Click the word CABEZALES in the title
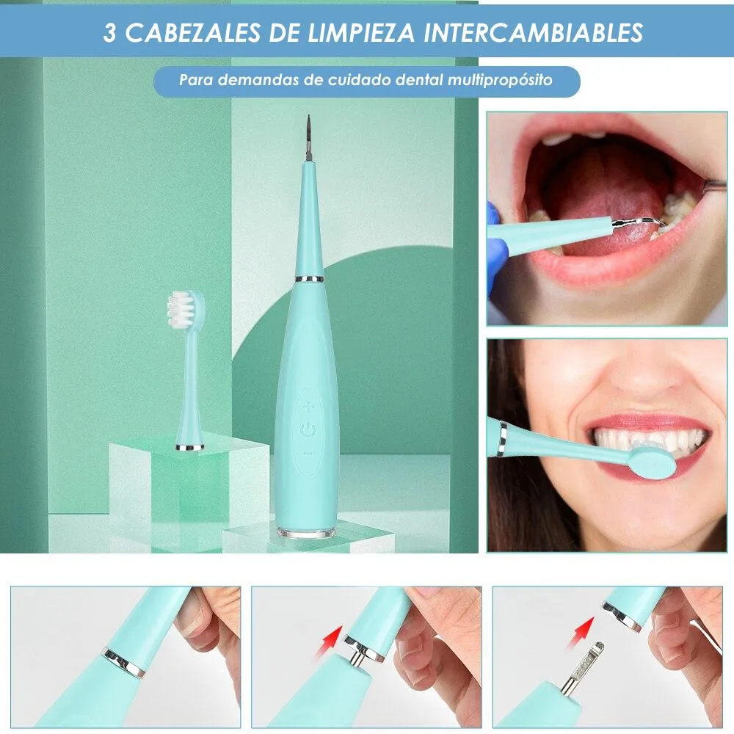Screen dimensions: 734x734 (192, 33)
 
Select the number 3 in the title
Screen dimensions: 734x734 (109, 33)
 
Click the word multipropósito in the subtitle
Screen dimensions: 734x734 (500, 80)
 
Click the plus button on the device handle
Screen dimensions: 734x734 (308, 407)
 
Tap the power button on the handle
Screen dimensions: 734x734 (308, 429)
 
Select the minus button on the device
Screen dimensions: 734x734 (307, 454)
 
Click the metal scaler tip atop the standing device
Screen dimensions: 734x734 (308, 138)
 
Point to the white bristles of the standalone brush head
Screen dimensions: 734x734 (181, 309)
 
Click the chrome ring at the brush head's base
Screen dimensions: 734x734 (189, 448)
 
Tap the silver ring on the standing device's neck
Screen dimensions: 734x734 (309, 280)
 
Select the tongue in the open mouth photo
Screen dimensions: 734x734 (608, 211)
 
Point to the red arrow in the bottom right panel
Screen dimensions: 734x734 (581, 633)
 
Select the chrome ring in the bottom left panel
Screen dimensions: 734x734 (123, 663)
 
